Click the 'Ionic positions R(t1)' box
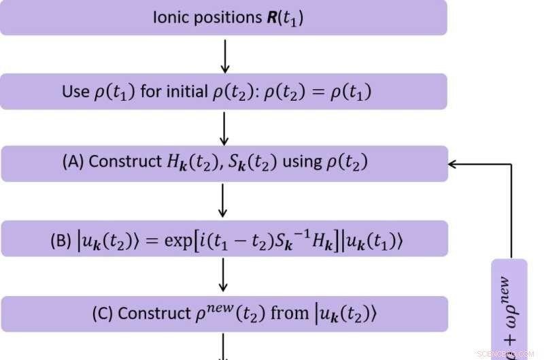pos(224,17)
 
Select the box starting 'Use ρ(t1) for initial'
pos(224,92)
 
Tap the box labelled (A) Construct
pos(224,163)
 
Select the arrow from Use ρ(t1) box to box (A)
pos(225,127)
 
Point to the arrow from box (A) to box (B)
pos(225,201)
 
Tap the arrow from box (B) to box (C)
pos(225,276)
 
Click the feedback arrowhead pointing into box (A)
pos(454,164)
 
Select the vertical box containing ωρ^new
pos(509,310)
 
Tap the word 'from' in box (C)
pos(290,314)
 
